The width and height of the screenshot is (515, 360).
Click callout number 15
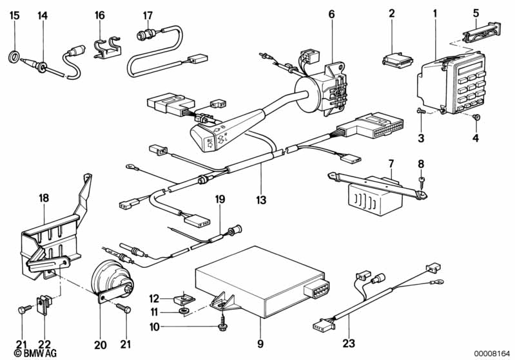click(x=14, y=15)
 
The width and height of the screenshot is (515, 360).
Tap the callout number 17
click(x=148, y=15)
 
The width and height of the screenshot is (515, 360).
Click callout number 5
click(x=476, y=12)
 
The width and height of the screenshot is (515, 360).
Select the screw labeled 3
click(x=420, y=111)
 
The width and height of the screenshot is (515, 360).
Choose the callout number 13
click(x=260, y=200)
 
